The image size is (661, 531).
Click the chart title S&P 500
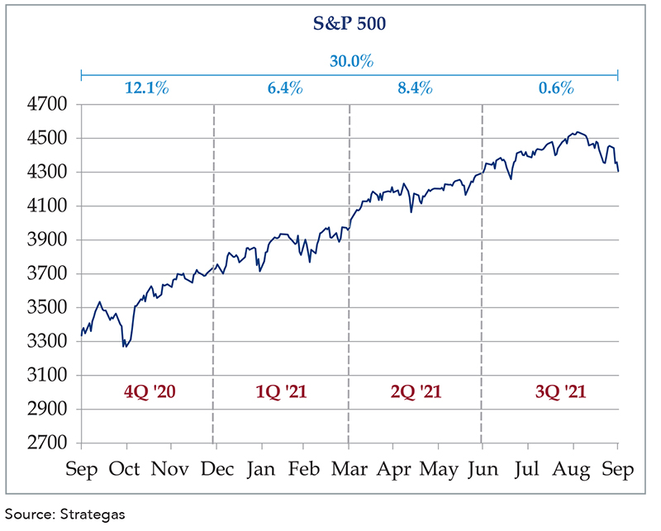click(x=350, y=24)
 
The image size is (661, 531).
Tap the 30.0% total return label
click(x=349, y=61)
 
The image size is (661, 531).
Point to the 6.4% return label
click(x=280, y=88)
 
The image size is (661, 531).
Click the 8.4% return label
click(x=415, y=88)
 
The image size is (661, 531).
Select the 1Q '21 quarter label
click(x=280, y=391)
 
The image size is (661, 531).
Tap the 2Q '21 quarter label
click(x=415, y=391)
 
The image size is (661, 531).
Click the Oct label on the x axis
click(x=126, y=470)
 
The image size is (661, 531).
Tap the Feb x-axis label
click(x=304, y=470)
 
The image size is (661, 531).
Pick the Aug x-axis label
click(x=573, y=470)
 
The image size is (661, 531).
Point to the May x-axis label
click(x=438, y=470)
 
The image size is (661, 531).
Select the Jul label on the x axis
click(x=528, y=470)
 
